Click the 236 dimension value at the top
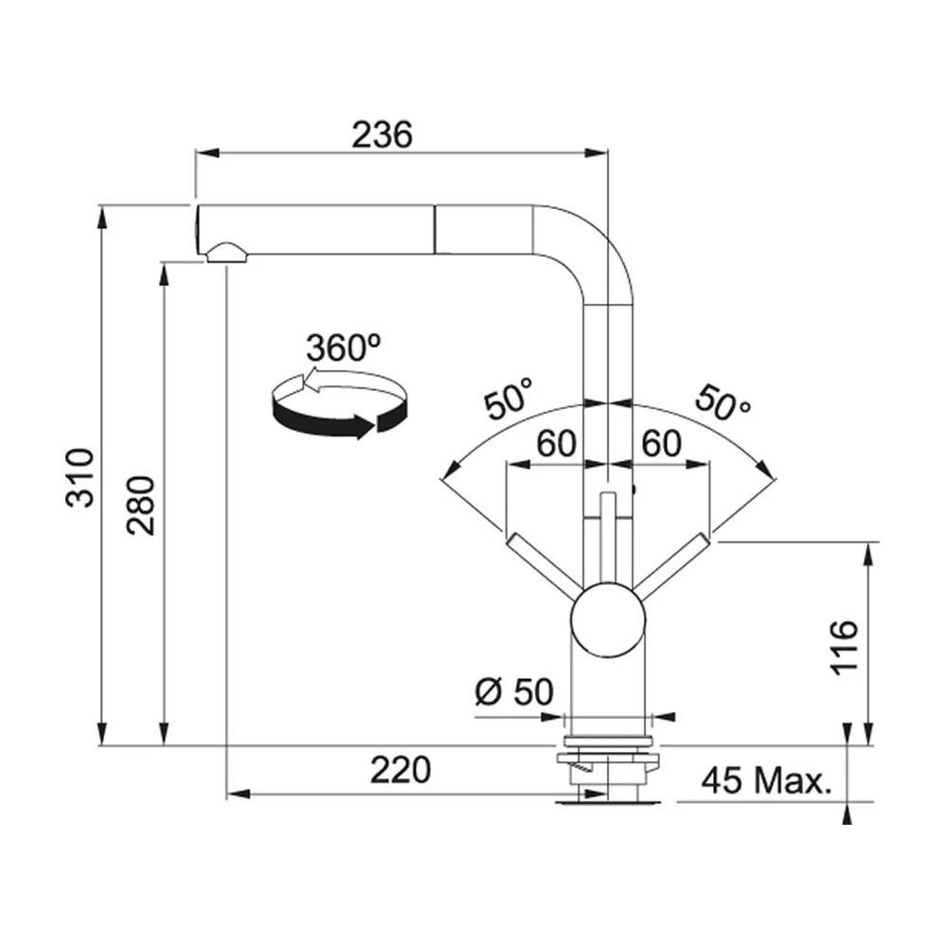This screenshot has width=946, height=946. coord(382,134)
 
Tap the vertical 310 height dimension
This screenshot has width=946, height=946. coord(80,477)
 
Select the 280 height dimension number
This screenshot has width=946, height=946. coord(140,506)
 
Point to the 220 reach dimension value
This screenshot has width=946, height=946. coord(401,770)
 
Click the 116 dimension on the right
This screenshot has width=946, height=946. coord(844,647)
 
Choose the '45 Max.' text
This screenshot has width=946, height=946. coord(766,780)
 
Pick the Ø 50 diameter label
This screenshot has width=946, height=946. coord(514,691)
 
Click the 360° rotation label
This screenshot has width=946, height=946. coord(344,348)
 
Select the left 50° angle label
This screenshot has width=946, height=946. coord(509,398)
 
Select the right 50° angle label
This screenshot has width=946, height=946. coord(723,402)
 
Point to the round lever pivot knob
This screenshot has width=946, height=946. coord(608,620)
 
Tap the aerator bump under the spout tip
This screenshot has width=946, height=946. coord(226,252)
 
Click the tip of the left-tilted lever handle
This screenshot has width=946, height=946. coord(510,538)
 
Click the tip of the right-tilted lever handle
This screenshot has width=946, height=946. coord(705,538)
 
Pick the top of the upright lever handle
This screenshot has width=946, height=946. coord(608,493)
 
